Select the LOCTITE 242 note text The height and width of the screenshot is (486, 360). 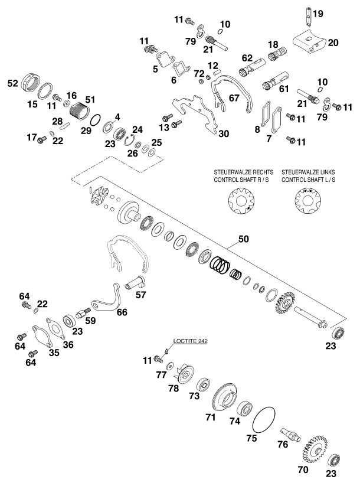point(191,341)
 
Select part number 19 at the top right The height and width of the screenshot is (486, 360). point(318,13)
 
